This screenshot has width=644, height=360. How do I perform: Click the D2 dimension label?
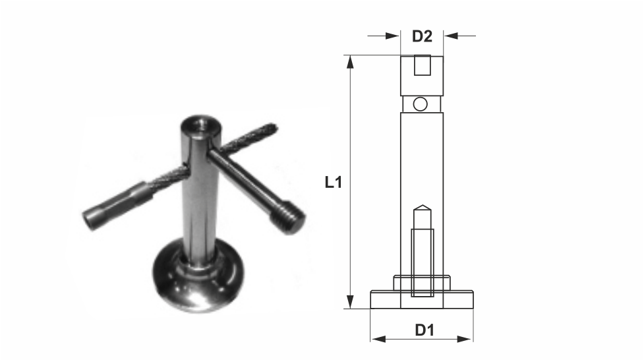tap(423, 36)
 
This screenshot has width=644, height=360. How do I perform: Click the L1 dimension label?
tap(333, 182)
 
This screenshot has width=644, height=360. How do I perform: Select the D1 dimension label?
tap(424, 330)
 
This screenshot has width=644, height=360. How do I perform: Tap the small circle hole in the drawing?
tap(420, 104)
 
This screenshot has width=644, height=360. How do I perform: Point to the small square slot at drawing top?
tap(423, 65)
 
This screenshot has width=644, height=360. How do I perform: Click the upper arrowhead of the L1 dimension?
tap(350, 61)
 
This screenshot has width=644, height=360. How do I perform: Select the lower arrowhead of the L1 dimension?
tap(350, 301)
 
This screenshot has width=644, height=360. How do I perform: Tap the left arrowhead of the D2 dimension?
tap(393, 36)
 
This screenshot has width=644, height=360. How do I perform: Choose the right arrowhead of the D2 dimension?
tap(451, 36)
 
